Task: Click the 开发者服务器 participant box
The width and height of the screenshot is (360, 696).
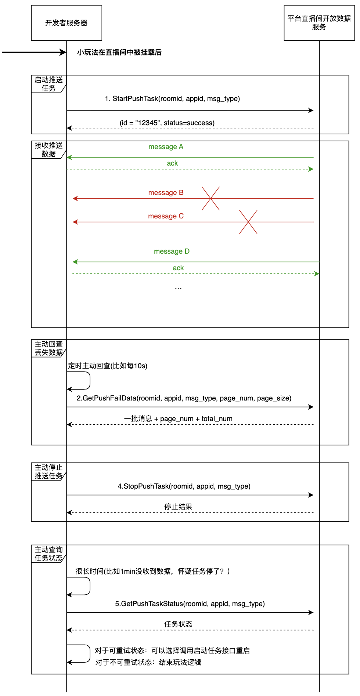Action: (x=66, y=23)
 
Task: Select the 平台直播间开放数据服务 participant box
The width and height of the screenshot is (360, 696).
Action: (x=319, y=23)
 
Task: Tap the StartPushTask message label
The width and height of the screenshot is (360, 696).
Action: (x=172, y=99)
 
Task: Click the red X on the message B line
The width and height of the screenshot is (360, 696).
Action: (x=210, y=199)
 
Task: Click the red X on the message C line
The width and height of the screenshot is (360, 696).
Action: (x=248, y=222)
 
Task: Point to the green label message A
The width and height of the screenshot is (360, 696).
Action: (x=166, y=147)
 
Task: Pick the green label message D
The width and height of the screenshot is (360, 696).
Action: (x=172, y=251)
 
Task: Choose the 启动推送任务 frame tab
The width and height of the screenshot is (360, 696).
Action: (x=48, y=84)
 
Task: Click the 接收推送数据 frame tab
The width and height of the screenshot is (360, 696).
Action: (x=48, y=150)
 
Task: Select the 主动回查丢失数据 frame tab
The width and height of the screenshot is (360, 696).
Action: (x=48, y=348)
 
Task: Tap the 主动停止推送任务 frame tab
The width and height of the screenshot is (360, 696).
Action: (x=48, y=472)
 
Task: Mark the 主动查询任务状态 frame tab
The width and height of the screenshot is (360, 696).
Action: (x=48, y=554)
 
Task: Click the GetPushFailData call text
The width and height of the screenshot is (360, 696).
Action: (x=184, y=398)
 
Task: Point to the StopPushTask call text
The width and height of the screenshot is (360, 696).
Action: (x=184, y=486)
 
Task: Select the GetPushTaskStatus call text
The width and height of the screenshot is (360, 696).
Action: (x=190, y=604)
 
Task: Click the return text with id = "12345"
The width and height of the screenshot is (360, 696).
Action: (x=167, y=123)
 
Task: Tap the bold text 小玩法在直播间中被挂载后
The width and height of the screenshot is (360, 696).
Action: (x=119, y=52)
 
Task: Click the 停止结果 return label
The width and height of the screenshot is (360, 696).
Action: (x=178, y=507)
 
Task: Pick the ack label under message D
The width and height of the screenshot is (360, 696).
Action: (x=178, y=268)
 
